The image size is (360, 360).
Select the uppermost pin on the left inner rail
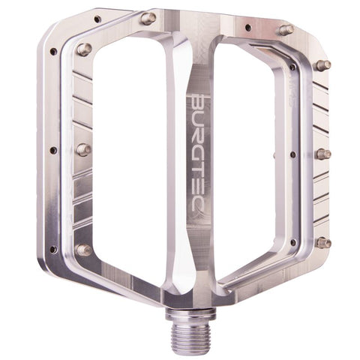coord(83,49)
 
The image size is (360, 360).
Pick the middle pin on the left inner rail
coord(82,149)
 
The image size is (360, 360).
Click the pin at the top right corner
coord(285,29)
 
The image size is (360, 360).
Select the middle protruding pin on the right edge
coord(323,154)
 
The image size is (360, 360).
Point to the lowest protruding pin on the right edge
coord(323,242)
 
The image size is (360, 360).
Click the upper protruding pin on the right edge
coord(323,65)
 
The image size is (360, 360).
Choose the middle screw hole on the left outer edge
coord(52,150)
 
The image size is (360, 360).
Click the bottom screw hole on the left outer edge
coord(52,249)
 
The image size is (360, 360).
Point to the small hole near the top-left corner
coord(97,18)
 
